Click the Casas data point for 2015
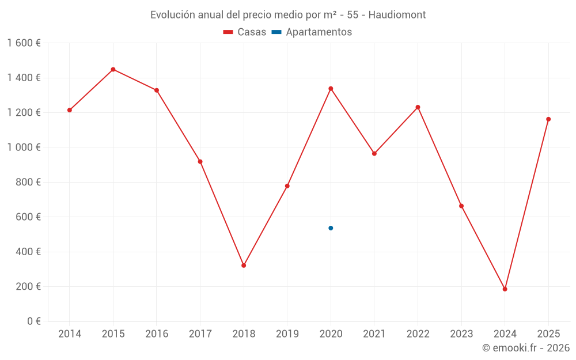(x=113, y=69)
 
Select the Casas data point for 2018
(x=244, y=266)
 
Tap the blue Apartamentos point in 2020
(x=331, y=228)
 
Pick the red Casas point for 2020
(x=331, y=89)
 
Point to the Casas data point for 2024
(x=505, y=289)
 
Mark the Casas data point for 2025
(x=548, y=119)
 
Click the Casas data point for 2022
(x=418, y=107)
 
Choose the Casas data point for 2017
(x=200, y=162)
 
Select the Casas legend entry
(x=245, y=32)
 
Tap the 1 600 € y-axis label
(x=24, y=43)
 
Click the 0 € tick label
(x=34, y=321)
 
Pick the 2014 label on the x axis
(x=70, y=334)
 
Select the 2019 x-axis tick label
(x=287, y=334)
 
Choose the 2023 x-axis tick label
(x=461, y=334)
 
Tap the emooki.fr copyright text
(x=526, y=348)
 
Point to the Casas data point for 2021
(x=374, y=154)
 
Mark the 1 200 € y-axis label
(x=24, y=113)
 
